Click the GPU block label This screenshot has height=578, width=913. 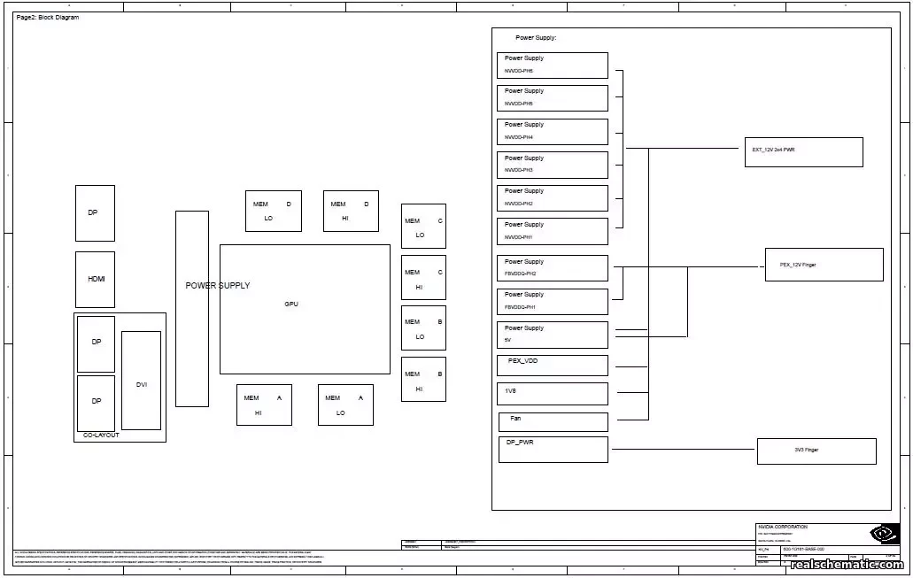click(291, 304)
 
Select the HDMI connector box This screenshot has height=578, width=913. click(95, 279)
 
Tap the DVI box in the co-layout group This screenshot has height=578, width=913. click(141, 380)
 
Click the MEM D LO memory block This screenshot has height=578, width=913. click(273, 211)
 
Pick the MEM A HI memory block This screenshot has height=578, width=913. click(264, 405)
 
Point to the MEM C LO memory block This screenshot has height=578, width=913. click(423, 226)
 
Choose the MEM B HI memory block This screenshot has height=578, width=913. click(423, 380)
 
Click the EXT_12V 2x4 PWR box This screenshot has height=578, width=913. click(803, 151)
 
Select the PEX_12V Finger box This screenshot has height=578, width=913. click(824, 265)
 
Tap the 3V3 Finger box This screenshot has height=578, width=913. click(816, 451)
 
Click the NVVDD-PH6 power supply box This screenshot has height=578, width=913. click(553, 65)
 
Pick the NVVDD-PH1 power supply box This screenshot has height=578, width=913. click(553, 231)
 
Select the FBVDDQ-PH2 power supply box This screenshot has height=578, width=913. click(553, 268)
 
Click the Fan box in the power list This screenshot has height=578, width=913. click(553, 421)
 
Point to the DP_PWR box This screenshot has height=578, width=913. click(553, 449)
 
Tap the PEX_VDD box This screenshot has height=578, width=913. click(553, 366)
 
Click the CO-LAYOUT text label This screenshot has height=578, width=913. click(101, 435)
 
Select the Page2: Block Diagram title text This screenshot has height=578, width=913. click(48, 18)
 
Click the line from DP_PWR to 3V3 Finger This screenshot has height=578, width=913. click(682, 450)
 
